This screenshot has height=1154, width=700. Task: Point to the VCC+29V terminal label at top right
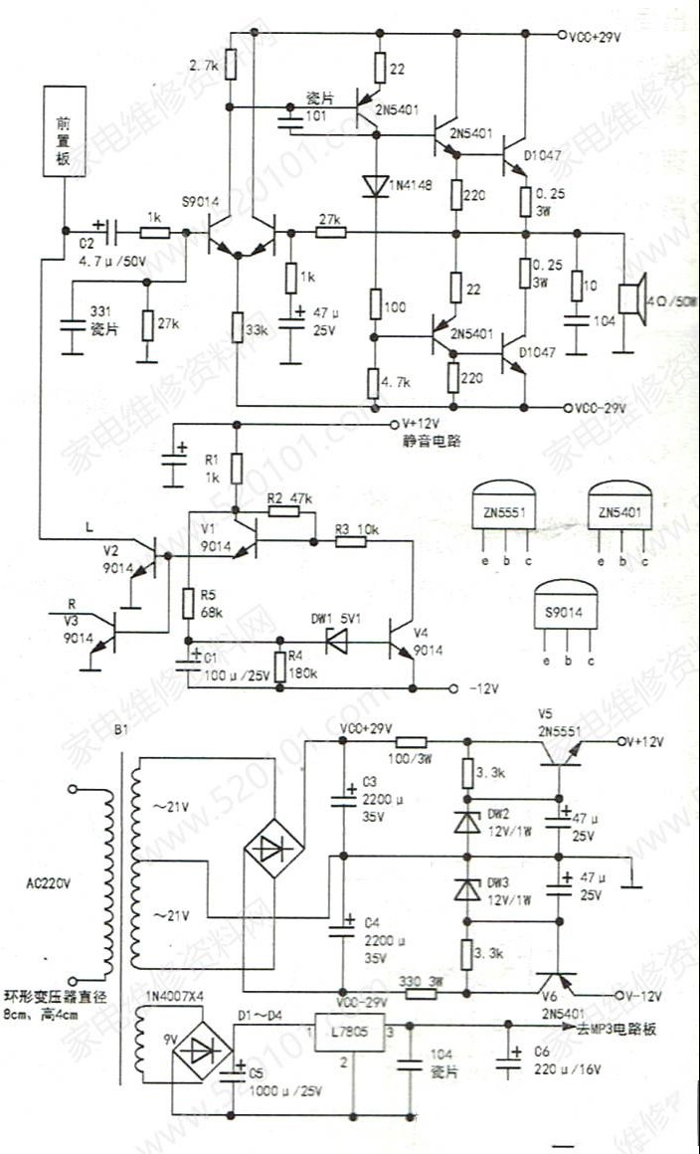point(594,37)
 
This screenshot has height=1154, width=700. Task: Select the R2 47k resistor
point(282,511)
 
